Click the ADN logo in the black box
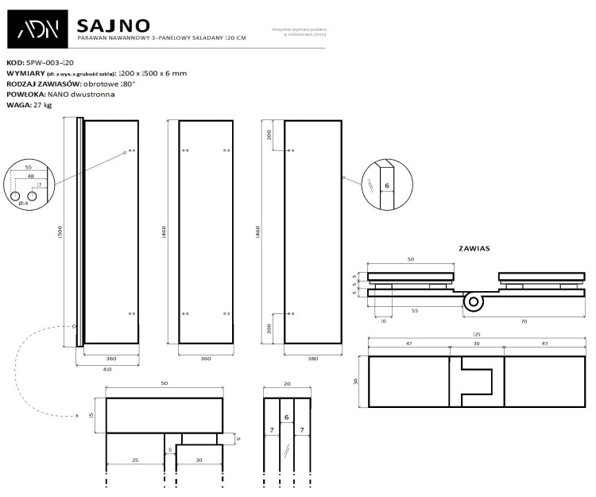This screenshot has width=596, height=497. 39,31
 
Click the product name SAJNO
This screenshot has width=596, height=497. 114,25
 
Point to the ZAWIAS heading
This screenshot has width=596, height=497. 474,248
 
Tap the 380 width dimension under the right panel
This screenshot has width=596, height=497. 313,359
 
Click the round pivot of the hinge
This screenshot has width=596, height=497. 474,301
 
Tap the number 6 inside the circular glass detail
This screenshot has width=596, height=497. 386,185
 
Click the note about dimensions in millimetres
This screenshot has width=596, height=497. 300,32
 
